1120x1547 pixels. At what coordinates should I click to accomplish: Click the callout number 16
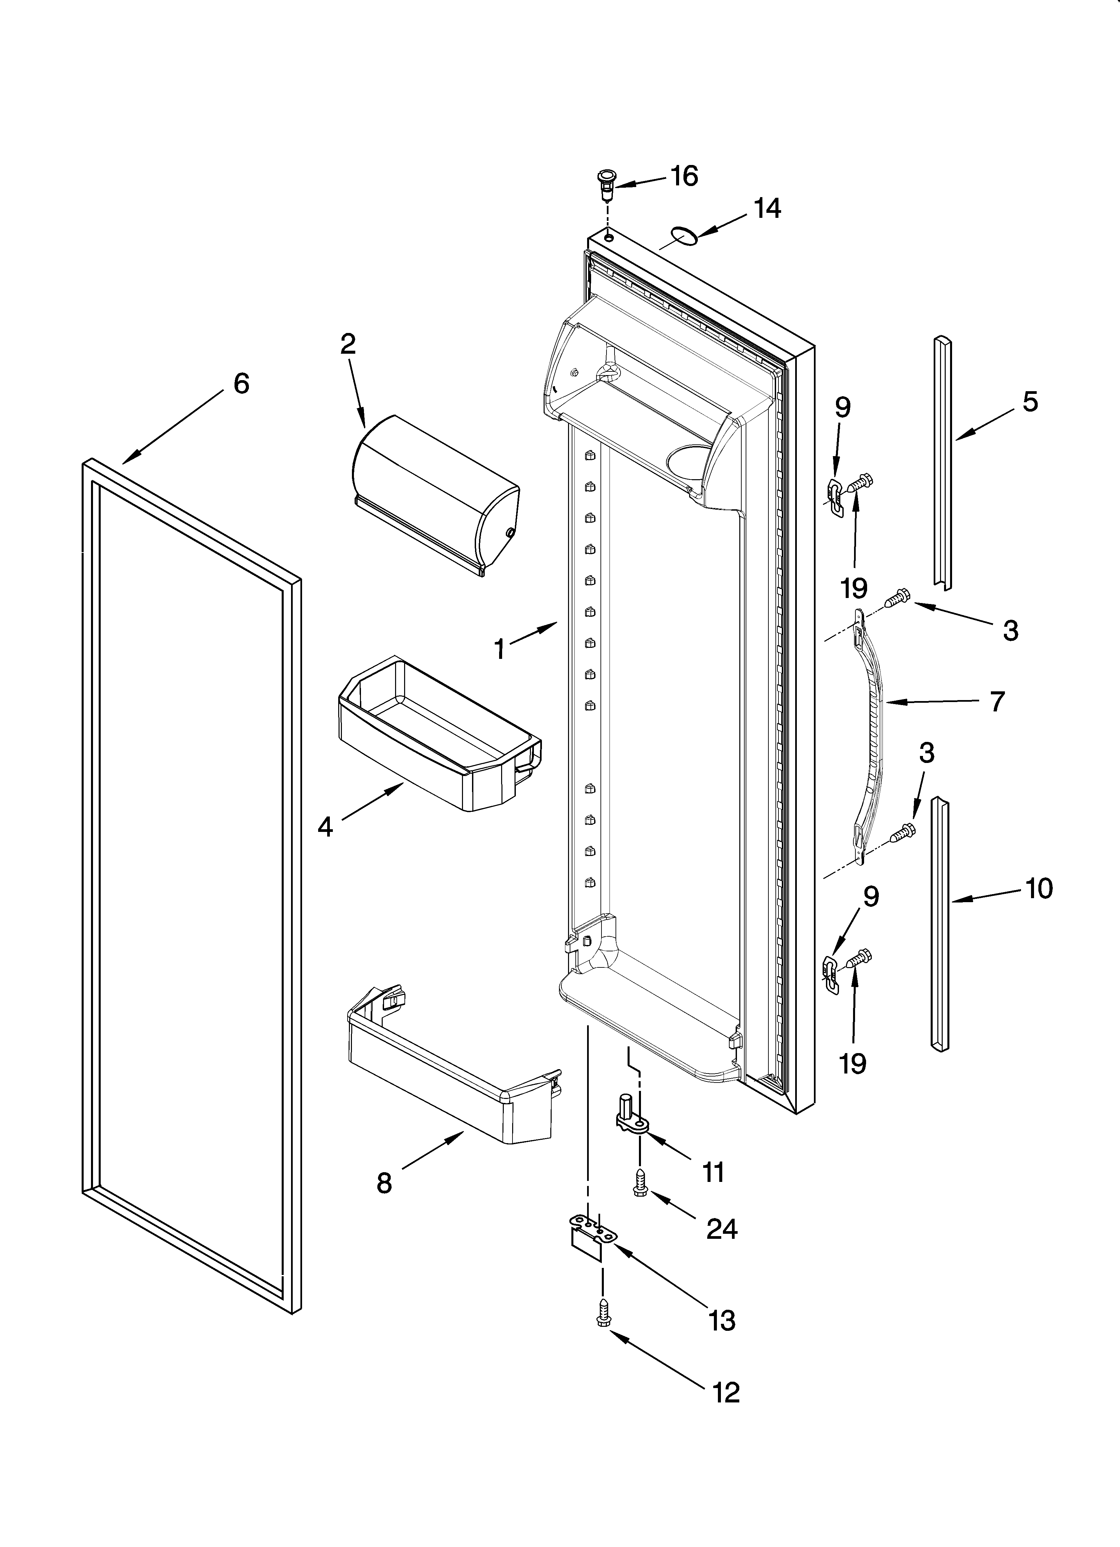click(x=684, y=177)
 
